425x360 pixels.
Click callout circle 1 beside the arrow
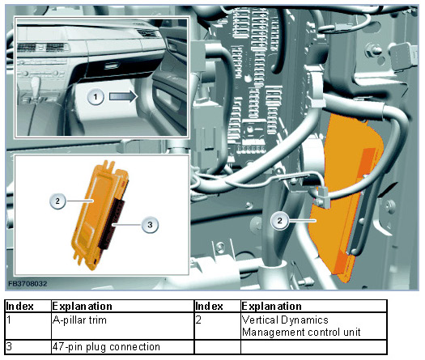pyautogui.click(x=96, y=97)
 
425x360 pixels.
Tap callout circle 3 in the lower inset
pyautogui.click(x=150, y=224)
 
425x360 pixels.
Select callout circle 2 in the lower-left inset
pyautogui.click(x=57, y=201)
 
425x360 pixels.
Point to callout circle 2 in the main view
pyautogui.click(x=280, y=221)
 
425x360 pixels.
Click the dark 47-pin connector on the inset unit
pyautogui.click(x=113, y=223)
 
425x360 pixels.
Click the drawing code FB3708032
pyautogui.click(x=28, y=284)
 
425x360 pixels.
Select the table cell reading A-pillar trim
pyautogui.click(x=79, y=320)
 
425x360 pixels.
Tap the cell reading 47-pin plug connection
pyautogui.click(x=106, y=347)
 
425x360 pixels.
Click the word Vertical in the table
pyautogui.click(x=260, y=320)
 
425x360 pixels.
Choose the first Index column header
pyautogui.click(x=19, y=307)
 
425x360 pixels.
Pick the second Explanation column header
pyautogui.click(x=271, y=307)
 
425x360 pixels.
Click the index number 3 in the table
pyautogui.click(x=9, y=346)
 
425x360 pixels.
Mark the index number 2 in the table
pyautogui.click(x=198, y=320)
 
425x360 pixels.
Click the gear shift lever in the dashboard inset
pyautogui.click(x=36, y=84)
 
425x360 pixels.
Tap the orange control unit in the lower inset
pyautogui.click(x=96, y=214)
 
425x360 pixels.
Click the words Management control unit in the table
pyautogui.click(x=301, y=332)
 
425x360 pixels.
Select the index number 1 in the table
pyautogui.click(x=9, y=320)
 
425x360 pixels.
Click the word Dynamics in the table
pyautogui.click(x=304, y=320)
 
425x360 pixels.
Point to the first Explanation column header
pyautogui.click(x=82, y=307)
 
